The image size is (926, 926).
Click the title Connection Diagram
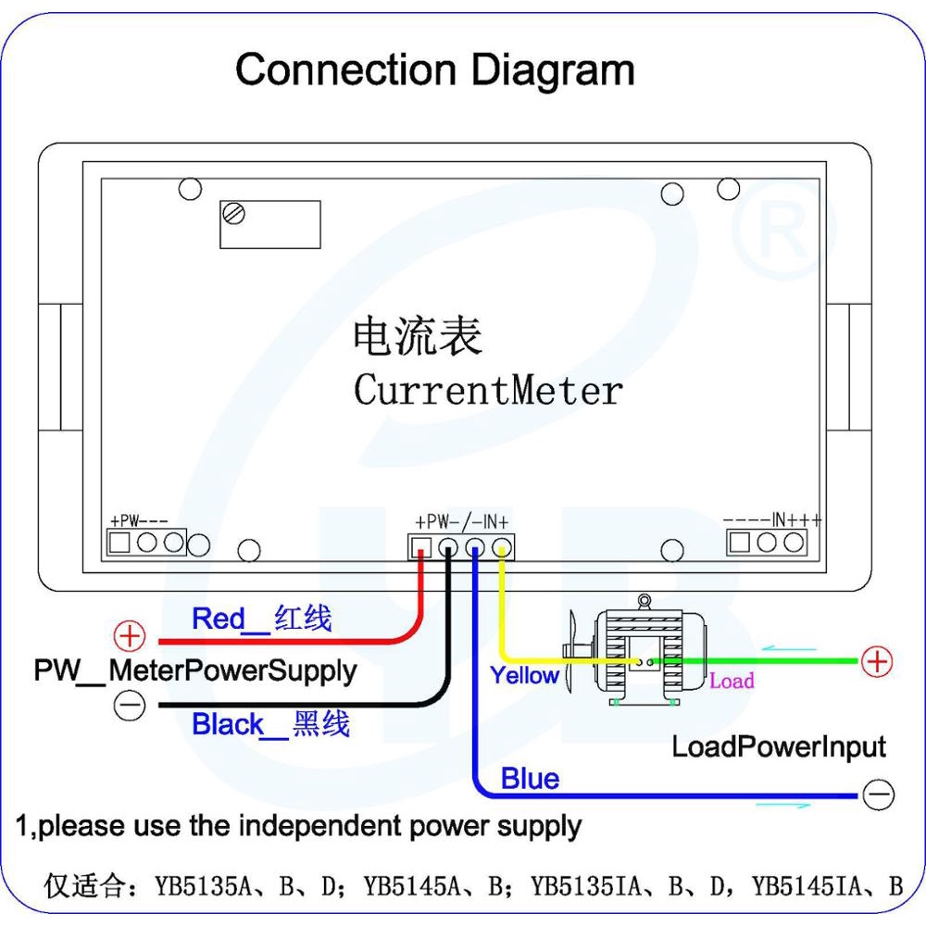point(435,70)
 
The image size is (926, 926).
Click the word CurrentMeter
point(488,390)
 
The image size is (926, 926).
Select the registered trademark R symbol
point(783,227)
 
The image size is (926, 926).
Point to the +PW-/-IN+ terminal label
point(462,521)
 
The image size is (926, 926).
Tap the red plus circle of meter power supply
point(131,637)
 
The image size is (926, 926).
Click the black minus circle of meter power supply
point(130,706)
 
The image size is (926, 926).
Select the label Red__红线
point(261,619)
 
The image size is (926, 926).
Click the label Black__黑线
point(270,724)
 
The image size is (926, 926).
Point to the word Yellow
point(524,676)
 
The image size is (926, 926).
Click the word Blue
point(530,779)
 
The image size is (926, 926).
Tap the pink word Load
point(732,682)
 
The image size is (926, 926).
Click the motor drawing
point(639,653)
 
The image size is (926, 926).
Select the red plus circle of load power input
point(876,661)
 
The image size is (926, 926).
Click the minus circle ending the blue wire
point(877,795)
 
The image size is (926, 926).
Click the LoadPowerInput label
point(778,747)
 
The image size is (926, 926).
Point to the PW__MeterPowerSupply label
point(194,670)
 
